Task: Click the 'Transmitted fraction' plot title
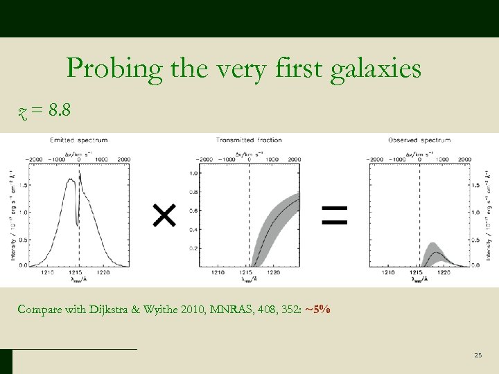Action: point(249,140)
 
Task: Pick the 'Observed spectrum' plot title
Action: point(419,140)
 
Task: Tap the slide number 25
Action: point(478,355)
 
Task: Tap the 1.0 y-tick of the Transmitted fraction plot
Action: point(193,173)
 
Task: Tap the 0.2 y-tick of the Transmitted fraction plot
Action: point(193,248)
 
